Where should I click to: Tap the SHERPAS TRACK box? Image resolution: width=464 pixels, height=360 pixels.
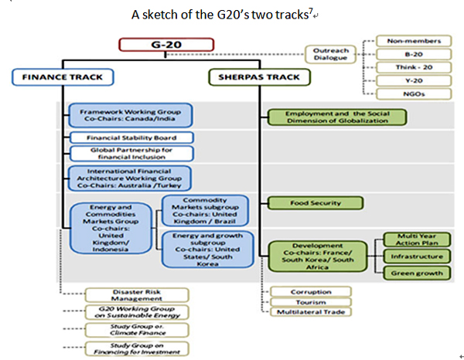[261, 77]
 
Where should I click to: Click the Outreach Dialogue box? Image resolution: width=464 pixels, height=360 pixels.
[331, 53]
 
